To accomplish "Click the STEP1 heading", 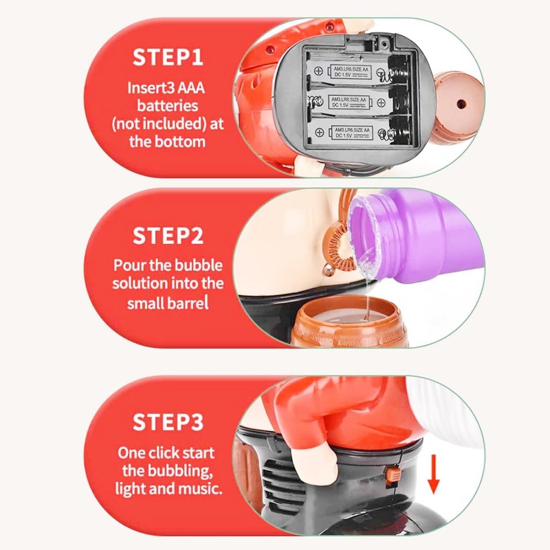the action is click(x=168, y=57).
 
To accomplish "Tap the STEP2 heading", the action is click(x=168, y=236).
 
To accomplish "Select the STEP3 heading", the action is click(x=168, y=422).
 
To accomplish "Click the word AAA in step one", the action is click(x=191, y=88).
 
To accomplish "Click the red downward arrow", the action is click(x=434, y=474).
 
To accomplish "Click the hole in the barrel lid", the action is click(x=461, y=104).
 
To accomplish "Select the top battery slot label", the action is click(x=349, y=72).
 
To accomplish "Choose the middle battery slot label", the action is click(x=349, y=102).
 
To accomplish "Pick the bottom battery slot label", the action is click(x=351, y=133).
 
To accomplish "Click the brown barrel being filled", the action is click(x=346, y=322).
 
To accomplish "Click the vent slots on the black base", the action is click(x=279, y=478).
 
